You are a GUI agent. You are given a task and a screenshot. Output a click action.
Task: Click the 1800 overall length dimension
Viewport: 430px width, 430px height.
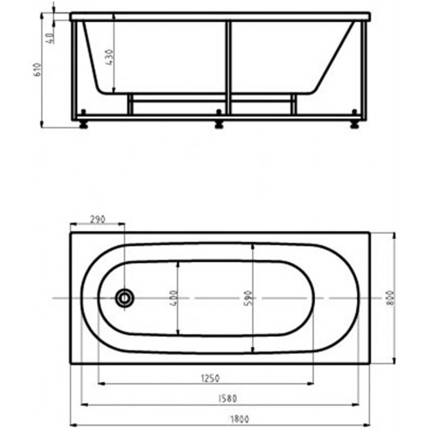(x=239, y=419)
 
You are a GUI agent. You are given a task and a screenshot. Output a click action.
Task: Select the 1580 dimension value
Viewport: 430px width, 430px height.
(x=228, y=398)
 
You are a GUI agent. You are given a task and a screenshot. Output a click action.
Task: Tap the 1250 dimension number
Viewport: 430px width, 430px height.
(x=211, y=378)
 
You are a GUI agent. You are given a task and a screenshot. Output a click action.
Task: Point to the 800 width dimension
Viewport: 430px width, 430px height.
(x=391, y=298)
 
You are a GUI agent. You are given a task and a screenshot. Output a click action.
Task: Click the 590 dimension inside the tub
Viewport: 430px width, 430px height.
(x=249, y=298)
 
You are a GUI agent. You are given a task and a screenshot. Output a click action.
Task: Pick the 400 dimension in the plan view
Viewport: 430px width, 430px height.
(x=174, y=298)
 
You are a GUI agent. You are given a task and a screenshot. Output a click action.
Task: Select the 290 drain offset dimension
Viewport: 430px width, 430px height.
(x=97, y=219)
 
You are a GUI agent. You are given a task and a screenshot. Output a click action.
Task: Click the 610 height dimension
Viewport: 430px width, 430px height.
(x=37, y=70)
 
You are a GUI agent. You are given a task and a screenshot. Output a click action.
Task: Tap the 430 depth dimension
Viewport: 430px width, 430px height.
(x=110, y=57)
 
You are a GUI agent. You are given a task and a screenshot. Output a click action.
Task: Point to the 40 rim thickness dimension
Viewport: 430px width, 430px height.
(x=50, y=39)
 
